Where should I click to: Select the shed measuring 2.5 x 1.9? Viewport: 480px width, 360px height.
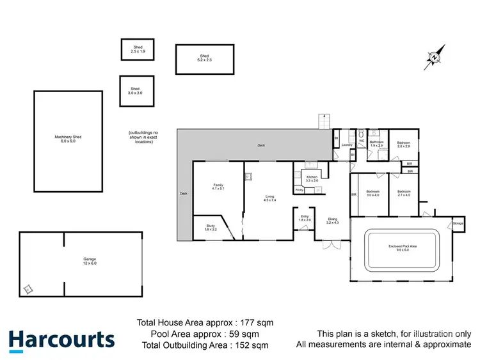tap(138, 49)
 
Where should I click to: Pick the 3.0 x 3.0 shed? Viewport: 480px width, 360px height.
tap(135, 91)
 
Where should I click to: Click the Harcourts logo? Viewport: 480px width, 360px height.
tap(61, 340)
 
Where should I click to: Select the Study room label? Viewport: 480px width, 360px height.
tap(211, 227)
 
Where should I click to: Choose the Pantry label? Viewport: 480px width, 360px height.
tap(299, 190)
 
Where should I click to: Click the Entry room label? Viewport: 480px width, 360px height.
tap(305, 217)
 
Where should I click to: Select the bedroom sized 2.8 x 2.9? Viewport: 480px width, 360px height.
tap(403, 145)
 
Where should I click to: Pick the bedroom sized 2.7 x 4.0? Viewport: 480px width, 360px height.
tap(403, 193)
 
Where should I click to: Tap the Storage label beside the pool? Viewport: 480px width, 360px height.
tap(458, 223)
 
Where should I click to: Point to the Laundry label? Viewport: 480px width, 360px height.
tap(348, 145)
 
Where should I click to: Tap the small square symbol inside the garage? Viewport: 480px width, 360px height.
tap(28, 290)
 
